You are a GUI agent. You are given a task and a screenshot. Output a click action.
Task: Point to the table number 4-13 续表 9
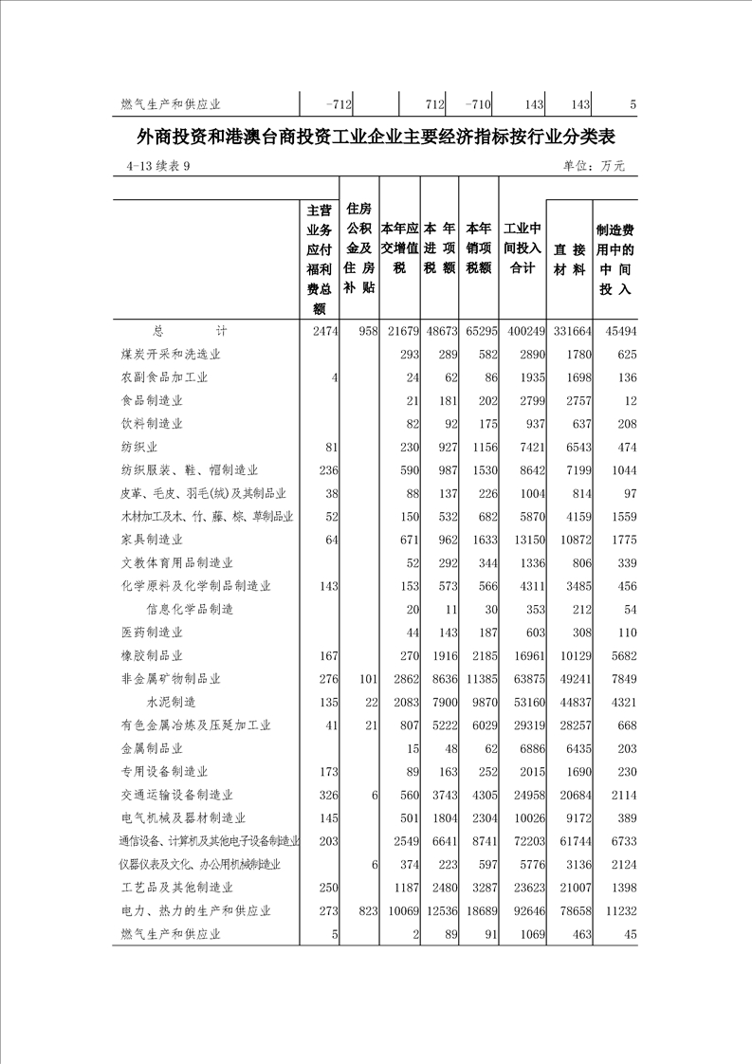[x=157, y=166]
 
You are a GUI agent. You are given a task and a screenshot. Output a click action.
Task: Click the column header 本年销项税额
[x=479, y=248]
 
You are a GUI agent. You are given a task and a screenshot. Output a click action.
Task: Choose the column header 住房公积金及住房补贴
[x=359, y=248]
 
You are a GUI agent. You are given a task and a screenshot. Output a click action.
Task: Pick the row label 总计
[x=189, y=331]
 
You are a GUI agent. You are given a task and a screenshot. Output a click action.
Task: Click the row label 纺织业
[x=138, y=446]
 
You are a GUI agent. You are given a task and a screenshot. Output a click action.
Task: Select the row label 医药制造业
[x=151, y=633]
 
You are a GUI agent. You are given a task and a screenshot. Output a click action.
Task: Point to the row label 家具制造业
[x=151, y=540]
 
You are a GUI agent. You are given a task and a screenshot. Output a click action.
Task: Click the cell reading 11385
[x=479, y=679]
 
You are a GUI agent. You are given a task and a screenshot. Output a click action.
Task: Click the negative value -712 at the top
[x=338, y=104]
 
